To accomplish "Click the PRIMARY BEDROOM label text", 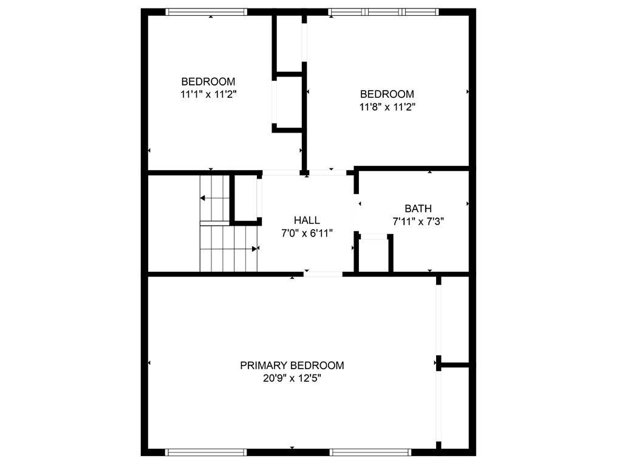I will click(x=292, y=365).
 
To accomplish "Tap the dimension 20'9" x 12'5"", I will click(x=292, y=378).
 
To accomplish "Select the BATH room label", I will click(x=418, y=209).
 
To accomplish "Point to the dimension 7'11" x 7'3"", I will click(x=418, y=222).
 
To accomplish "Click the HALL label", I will click(x=307, y=220).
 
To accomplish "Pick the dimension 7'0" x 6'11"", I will click(x=307, y=233).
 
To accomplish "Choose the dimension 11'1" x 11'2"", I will click(x=208, y=94).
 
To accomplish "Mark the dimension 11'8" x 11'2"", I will click(x=387, y=107).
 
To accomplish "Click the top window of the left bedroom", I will click(x=207, y=11).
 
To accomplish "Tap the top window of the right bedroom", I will click(x=383, y=11).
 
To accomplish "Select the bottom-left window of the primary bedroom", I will click(x=207, y=452).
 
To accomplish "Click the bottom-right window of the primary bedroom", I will click(x=371, y=452).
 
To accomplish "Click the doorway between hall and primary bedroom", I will click(x=323, y=274).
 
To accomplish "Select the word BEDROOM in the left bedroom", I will click(x=208, y=81).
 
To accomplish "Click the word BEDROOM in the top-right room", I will click(x=387, y=94).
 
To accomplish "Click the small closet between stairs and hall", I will click(x=245, y=198).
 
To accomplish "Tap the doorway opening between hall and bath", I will click(x=357, y=213).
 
